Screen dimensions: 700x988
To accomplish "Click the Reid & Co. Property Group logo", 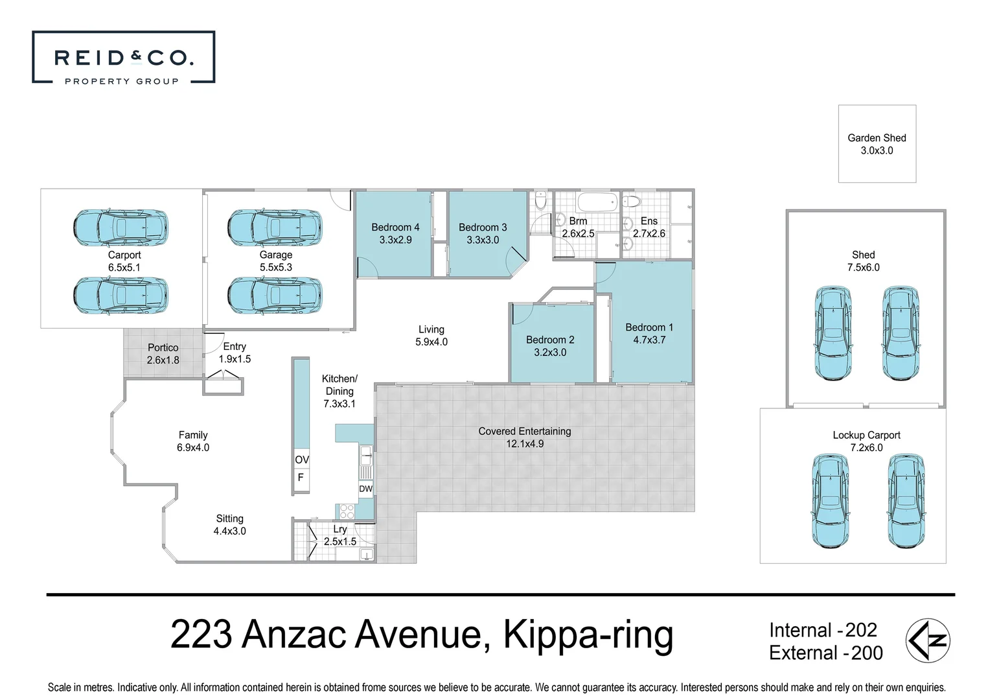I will point(123,58).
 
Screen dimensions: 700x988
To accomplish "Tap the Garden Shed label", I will point(877,137).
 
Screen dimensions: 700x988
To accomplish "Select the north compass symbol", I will point(928,640).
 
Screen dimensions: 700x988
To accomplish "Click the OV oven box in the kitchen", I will point(302,460).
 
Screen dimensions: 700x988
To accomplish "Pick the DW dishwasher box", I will point(365,489).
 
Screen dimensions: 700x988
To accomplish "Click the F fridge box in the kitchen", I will point(301,478).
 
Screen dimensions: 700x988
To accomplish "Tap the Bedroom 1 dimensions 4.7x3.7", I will point(649,340).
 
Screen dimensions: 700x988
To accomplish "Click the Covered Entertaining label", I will point(525,431).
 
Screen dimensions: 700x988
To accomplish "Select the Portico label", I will point(163,347).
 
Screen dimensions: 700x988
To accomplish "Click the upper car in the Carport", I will point(121,227).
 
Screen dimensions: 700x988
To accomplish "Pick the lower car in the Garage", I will point(275,295).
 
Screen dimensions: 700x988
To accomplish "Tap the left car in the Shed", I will point(830,332).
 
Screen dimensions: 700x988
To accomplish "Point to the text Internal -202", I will point(823,630).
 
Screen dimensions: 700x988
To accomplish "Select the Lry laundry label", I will point(340,529).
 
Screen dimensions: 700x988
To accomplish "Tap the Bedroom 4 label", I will point(395,227).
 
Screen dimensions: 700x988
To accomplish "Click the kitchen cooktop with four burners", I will point(347,511).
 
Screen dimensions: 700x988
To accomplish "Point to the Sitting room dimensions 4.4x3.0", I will point(229,531).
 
